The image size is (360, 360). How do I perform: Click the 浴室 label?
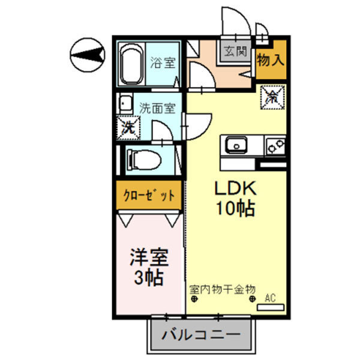(x=160, y=61)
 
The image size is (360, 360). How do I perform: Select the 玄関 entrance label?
(x=235, y=51)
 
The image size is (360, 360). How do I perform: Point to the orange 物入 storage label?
(x=270, y=60)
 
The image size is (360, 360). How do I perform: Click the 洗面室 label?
(x=157, y=109)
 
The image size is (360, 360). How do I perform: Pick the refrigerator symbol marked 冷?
(x=272, y=97)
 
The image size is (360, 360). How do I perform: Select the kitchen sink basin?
(x=236, y=145)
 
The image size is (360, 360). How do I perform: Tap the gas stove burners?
(x=275, y=145)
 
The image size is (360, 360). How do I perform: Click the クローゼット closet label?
(x=148, y=196)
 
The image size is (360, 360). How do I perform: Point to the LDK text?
(x=236, y=188)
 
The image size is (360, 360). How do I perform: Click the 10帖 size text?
(x=236, y=209)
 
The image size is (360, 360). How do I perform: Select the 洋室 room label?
(x=148, y=258)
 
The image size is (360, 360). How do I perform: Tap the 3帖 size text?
(x=148, y=278)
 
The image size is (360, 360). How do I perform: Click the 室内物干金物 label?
(x=222, y=289)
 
